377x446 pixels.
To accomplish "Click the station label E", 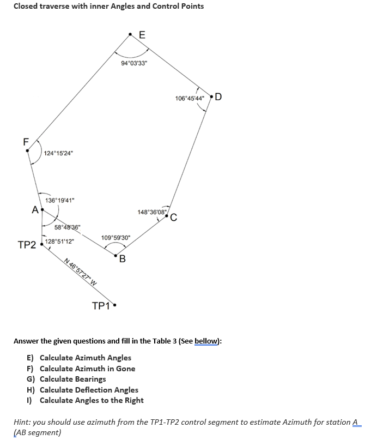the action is [x=142, y=34].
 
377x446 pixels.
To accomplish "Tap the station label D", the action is [x=218, y=98].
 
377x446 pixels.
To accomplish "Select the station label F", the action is [x=25, y=141].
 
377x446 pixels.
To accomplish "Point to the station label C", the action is [x=173, y=219].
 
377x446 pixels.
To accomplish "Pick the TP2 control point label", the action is [x=27, y=245].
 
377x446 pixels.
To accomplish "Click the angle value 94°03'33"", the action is [x=133, y=64].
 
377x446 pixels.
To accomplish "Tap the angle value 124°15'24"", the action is [x=59, y=153].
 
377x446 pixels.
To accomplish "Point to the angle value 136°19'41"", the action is [x=60, y=200].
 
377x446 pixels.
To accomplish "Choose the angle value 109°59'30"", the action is [x=115, y=238].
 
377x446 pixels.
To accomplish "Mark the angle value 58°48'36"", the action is [x=68, y=227].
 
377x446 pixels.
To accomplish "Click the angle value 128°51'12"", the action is [x=60, y=241].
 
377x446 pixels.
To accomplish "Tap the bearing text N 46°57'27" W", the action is [x=81, y=270].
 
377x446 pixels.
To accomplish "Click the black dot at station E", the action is [x=130, y=34].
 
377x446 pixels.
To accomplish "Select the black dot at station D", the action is [x=211, y=98].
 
